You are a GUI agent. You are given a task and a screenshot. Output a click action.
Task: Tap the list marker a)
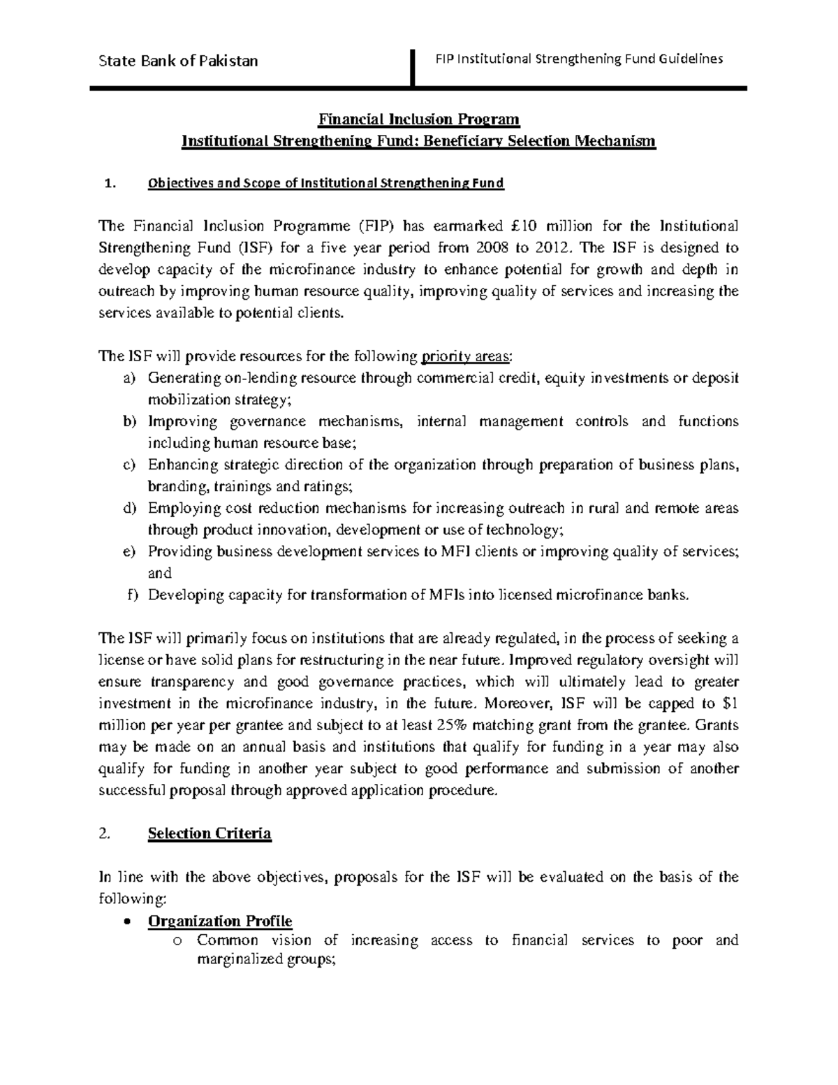(128, 378)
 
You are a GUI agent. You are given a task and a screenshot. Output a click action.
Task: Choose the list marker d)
(128, 508)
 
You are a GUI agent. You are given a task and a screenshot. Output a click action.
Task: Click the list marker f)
(131, 595)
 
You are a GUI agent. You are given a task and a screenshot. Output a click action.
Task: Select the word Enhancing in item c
(180, 465)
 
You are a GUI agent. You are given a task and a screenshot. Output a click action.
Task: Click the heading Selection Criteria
(209, 833)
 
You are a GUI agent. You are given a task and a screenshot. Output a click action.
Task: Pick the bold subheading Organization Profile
(220, 920)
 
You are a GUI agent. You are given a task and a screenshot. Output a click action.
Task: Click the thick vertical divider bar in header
(414, 68)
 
